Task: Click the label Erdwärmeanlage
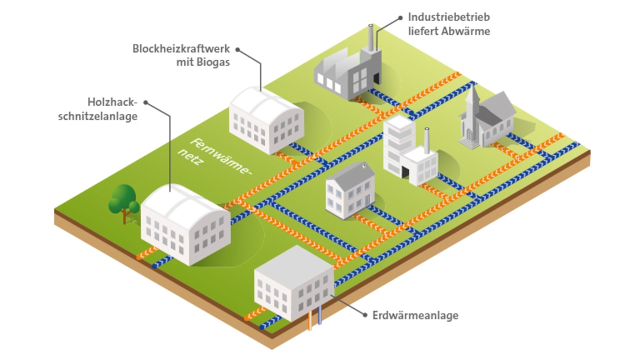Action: point(415,315)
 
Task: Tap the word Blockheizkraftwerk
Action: point(181,49)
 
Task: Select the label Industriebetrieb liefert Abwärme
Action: point(448,24)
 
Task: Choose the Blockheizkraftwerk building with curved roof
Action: point(266,120)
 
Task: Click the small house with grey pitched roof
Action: point(350,190)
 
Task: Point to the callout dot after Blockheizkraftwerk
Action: point(238,49)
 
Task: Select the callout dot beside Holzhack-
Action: point(145,102)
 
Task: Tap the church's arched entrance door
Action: point(469,134)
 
